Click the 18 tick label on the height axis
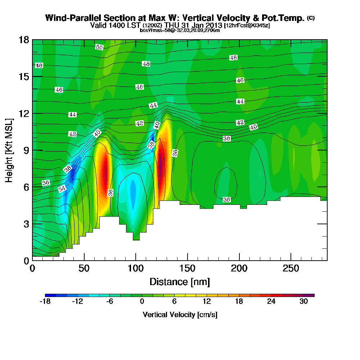[24, 40]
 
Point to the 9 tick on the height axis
[32, 150]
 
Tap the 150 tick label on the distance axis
[187, 269]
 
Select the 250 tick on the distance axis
[291, 260]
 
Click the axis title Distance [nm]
[180, 281]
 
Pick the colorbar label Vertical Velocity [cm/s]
[180, 315]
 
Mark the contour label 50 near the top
[99, 47]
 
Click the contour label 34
[62, 189]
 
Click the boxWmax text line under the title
[180, 30]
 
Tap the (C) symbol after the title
[311, 18]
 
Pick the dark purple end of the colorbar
[311, 295]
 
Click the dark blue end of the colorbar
[48, 295]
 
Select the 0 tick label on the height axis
[26, 261]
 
